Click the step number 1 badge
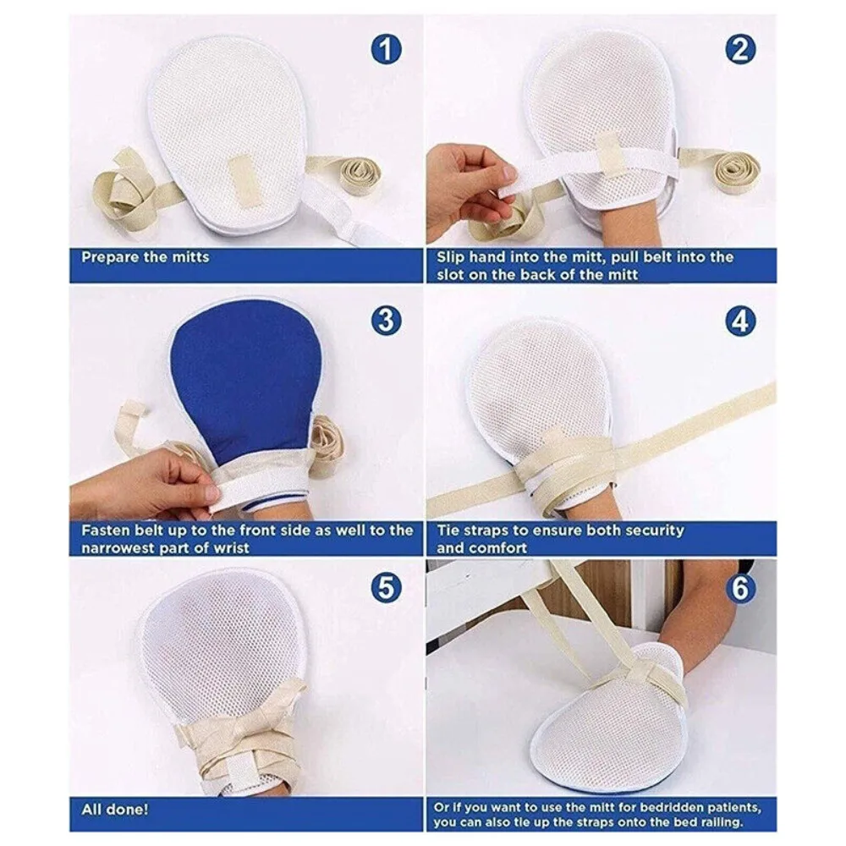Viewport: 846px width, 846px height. tap(386, 50)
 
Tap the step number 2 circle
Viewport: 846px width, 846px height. tap(740, 50)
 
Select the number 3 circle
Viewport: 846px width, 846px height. tap(386, 321)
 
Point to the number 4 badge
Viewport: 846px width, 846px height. tap(740, 321)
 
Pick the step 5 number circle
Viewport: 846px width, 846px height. tap(386, 587)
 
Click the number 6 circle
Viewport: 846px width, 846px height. tap(740, 587)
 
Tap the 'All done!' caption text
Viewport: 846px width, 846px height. tap(114, 809)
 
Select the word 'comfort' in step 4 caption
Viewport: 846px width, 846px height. tap(498, 548)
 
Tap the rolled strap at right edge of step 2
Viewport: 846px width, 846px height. tap(734, 171)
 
